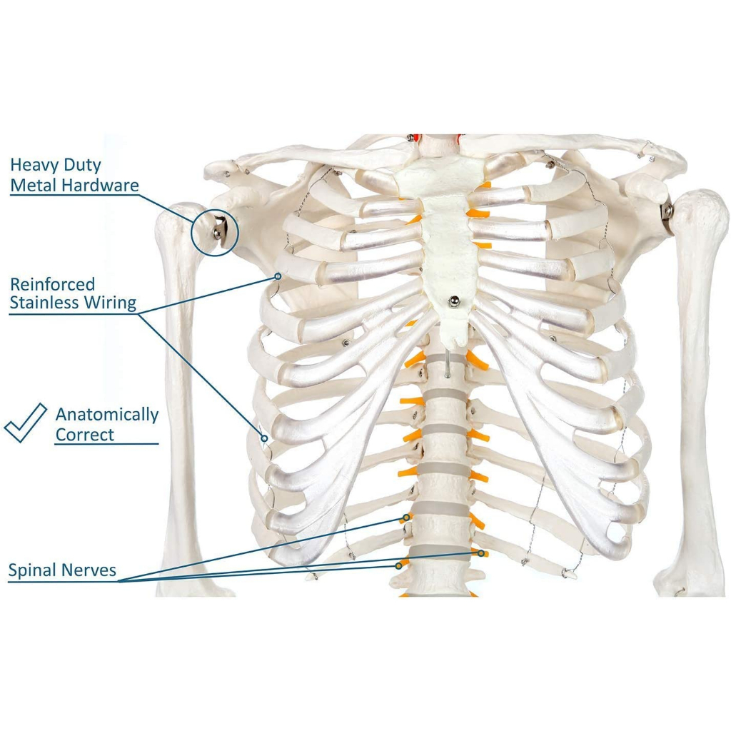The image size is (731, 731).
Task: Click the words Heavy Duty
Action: (56, 166)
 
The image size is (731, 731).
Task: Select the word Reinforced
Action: (52, 284)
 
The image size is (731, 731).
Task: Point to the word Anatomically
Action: (107, 415)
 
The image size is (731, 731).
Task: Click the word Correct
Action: (85, 434)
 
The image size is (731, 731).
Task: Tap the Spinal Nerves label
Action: (62, 571)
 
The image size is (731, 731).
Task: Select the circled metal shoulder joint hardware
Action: (216, 230)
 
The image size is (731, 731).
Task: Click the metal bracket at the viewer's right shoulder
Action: (668, 213)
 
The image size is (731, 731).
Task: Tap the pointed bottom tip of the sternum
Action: (457, 340)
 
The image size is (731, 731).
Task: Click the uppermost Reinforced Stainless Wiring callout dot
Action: (278, 275)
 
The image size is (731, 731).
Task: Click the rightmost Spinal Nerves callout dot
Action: (482, 553)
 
